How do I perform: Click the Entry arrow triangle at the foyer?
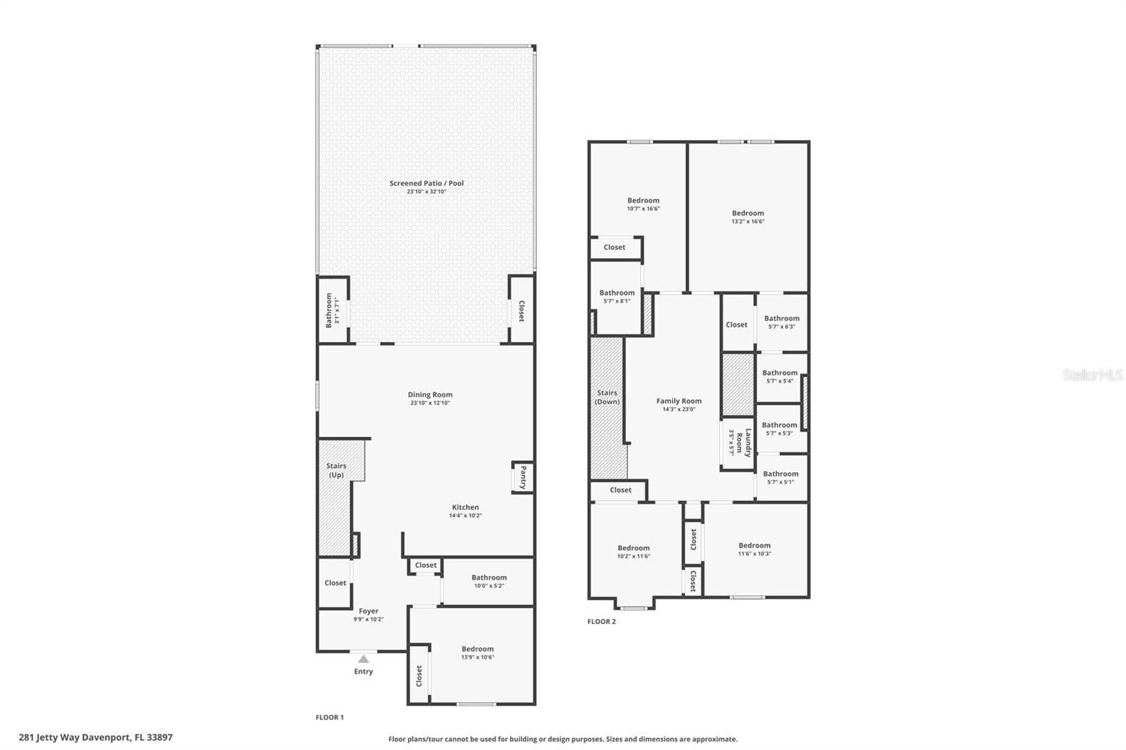363,659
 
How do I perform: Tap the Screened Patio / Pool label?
426,184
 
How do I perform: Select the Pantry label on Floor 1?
522,477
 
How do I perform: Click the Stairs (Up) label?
336,470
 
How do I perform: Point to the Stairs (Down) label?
607,398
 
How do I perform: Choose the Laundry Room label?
748,443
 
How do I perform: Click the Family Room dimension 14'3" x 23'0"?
678,409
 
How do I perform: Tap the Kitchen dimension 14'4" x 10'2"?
465,516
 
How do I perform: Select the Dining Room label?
430,395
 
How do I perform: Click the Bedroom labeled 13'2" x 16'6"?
747,213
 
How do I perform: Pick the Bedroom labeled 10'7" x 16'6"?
643,201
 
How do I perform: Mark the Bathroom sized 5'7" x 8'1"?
616,293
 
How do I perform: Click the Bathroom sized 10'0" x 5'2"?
489,578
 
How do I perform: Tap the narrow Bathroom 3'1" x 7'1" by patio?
329,310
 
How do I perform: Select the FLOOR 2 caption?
602,621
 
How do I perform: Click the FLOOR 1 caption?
329,718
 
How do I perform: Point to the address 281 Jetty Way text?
96,737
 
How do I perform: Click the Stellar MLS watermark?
1092,375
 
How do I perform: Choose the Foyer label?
368,611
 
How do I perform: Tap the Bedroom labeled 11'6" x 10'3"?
754,545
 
